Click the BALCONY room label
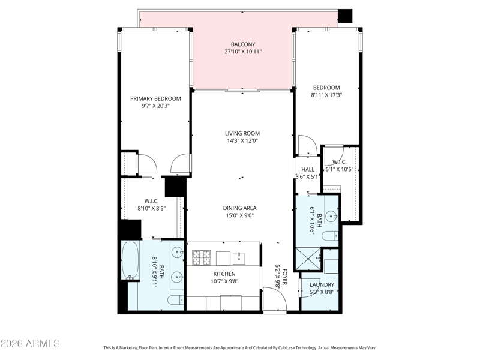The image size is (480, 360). click(x=243, y=44)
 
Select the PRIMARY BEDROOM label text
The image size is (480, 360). click(x=155, y=98)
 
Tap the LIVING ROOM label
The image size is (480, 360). click(x=242, y=133)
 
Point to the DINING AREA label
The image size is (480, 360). click(x=239, y=208)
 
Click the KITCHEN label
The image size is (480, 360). click(x=224, y=274)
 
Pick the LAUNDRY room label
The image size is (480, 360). click(x=322, y=284)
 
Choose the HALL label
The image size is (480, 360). click(x=308, y=170)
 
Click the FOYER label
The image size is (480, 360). click(x=284, y=277)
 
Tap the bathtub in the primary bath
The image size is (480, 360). click(x=130, y=260)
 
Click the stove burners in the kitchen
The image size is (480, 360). click(x=202, y=258)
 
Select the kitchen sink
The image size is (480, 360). click(x=239, y=259)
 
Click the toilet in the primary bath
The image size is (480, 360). click(x=176, y=300)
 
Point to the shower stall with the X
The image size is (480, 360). click(x=308, y=259)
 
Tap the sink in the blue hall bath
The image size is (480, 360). click(x=332, y=216)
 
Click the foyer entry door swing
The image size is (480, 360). click(x=275, y=299)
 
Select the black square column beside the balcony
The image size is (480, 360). click(x=345, y=16)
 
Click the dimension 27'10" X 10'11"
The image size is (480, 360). click(x=243, y=52)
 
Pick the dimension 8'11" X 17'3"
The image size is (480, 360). click(x=326, y=95)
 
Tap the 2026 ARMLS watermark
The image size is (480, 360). click(x=30, y=343)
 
